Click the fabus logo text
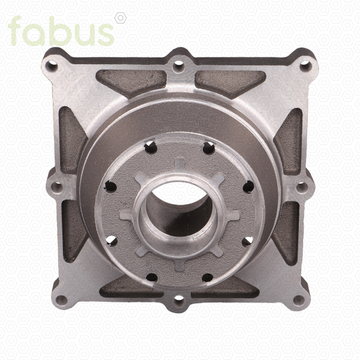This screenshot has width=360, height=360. click(x=61, y=31)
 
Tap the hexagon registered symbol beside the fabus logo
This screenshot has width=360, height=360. click(x=121, y=18)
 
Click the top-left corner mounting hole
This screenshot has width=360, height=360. click(x=52, y=65)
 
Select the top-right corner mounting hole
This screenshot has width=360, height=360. click(x=306, y=65)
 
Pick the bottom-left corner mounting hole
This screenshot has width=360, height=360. click(x=62, y=300)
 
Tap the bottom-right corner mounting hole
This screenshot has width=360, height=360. click(x=299, y=300)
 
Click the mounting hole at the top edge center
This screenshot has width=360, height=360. click(x=179, y=66)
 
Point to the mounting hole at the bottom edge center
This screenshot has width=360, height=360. click(x=179, y=301)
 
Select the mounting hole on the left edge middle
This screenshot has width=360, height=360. click(x=56, y=187)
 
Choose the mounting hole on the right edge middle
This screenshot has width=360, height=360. click(x=302, y=188)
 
